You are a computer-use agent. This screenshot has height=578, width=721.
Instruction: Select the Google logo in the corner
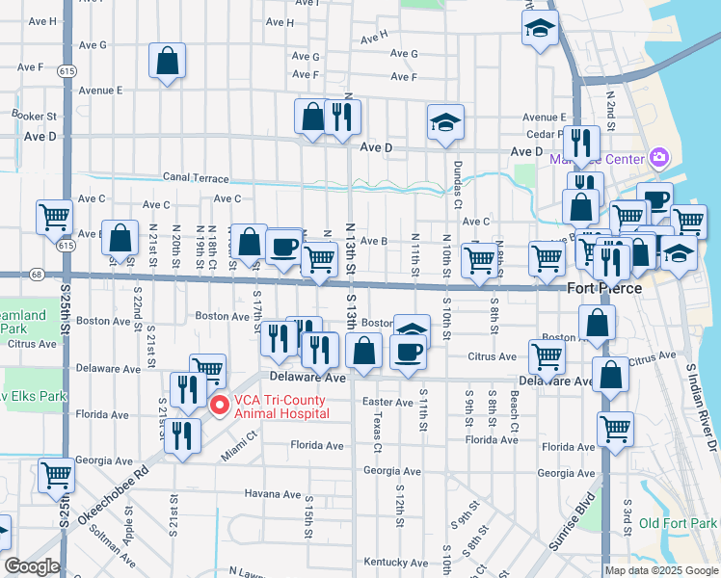[x=32, y=566]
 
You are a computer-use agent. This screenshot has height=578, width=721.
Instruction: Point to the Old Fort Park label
[x=676, y=523]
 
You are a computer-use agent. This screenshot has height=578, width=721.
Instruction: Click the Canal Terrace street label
[x=196, y=178]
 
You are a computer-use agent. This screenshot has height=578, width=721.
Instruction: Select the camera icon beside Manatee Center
[x=659, y=156]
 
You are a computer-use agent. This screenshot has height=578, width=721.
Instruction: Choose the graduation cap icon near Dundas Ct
[x=445, y=122]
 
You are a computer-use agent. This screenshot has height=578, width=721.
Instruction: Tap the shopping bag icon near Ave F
[x=169, y=62]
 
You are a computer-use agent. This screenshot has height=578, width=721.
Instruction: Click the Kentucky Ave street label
[x=394, y=561]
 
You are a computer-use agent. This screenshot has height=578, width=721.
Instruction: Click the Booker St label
[x=34, y=115]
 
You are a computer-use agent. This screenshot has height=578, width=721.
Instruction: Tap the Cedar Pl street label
[x=545, y=134]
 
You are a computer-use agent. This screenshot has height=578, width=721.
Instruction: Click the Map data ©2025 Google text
[x=660, y=570]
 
